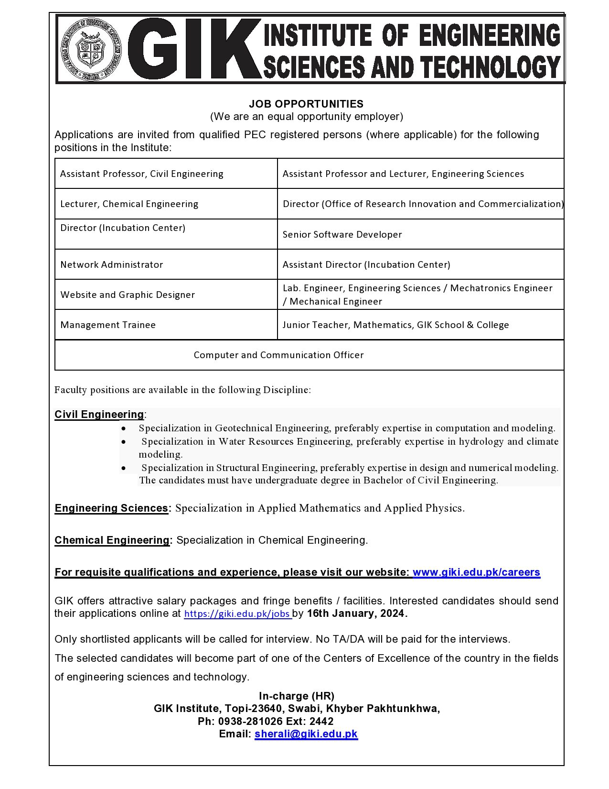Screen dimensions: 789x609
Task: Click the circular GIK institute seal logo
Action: coord(91,49)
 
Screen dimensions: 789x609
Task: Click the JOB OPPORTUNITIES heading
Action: coord(306,104)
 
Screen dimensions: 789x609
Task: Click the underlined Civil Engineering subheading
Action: coord(99,414)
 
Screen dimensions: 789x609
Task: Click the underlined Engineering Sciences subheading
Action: coord(111,508)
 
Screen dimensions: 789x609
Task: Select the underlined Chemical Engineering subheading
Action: coord(112,540)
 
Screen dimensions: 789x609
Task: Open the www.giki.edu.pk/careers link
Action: coord(476,572)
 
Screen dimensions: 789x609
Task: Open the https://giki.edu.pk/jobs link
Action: coord(237,614)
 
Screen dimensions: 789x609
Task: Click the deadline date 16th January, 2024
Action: coord(357,614)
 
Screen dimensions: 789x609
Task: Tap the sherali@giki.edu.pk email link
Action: coord(306,734)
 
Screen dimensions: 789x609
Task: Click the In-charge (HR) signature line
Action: coord(296,696)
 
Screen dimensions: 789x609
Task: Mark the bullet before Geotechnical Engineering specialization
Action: coord(124,428)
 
